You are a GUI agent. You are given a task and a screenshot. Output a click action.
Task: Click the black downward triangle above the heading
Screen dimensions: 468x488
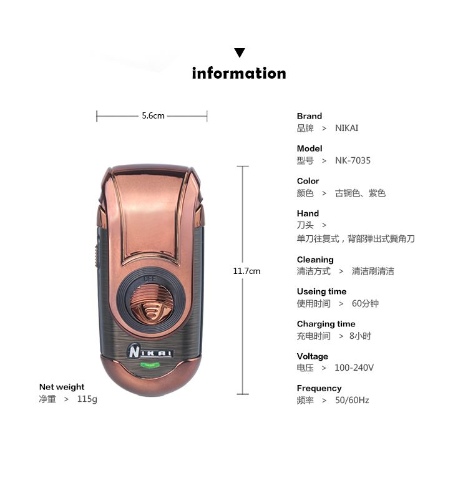pyautogui.click(x=239, y=52)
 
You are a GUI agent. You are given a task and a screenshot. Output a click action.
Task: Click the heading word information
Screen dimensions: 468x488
pyautogui.click(x=239, y=74)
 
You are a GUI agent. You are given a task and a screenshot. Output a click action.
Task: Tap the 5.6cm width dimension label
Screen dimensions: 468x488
pyautogui.click(x=153, y=116)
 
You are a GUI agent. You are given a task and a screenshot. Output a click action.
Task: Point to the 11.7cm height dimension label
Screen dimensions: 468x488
pyautogui.click(x=246, y=271)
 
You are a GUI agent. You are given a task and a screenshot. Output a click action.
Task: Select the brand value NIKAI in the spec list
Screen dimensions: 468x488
pyautogui.click(x=347, y=128)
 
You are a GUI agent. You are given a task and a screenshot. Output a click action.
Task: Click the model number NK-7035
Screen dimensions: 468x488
pyautogui.click(x=353, y=160)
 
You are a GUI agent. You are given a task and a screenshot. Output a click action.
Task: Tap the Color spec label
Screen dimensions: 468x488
pyautogui.click(x=308, y=181)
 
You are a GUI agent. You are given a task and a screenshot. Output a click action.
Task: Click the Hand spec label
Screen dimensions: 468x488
pyautogui.click(x=308, y=213)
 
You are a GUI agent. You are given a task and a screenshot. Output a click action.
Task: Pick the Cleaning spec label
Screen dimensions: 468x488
pyautogui.click(x=315, y=260)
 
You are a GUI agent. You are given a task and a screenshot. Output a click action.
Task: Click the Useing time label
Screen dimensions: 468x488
pyautogui.click(x=321, y=291)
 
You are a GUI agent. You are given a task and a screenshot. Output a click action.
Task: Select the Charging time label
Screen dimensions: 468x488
pyautogui.click(x=326, y=324)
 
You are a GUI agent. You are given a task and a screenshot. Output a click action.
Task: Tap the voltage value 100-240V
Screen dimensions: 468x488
pyautogui.click(x=354, y=368)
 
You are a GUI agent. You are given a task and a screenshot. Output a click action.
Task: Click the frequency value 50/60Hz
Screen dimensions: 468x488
pyautogui.click(x=352, y=400)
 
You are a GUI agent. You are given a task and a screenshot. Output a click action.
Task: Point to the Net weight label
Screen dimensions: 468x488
pyautogui.click(x=62, y=387)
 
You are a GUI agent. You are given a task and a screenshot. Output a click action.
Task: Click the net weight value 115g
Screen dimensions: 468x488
pyautogui.click(x=87, y=399)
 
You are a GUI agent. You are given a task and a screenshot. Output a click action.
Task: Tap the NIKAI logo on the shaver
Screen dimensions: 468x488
pyautogui.click(x=150, y=351)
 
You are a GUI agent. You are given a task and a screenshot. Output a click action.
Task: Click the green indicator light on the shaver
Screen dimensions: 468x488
pyautogui.click(x=150, y=365)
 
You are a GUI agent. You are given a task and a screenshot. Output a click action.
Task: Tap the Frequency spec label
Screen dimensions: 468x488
pyautogui.click(x=319, y=388)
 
